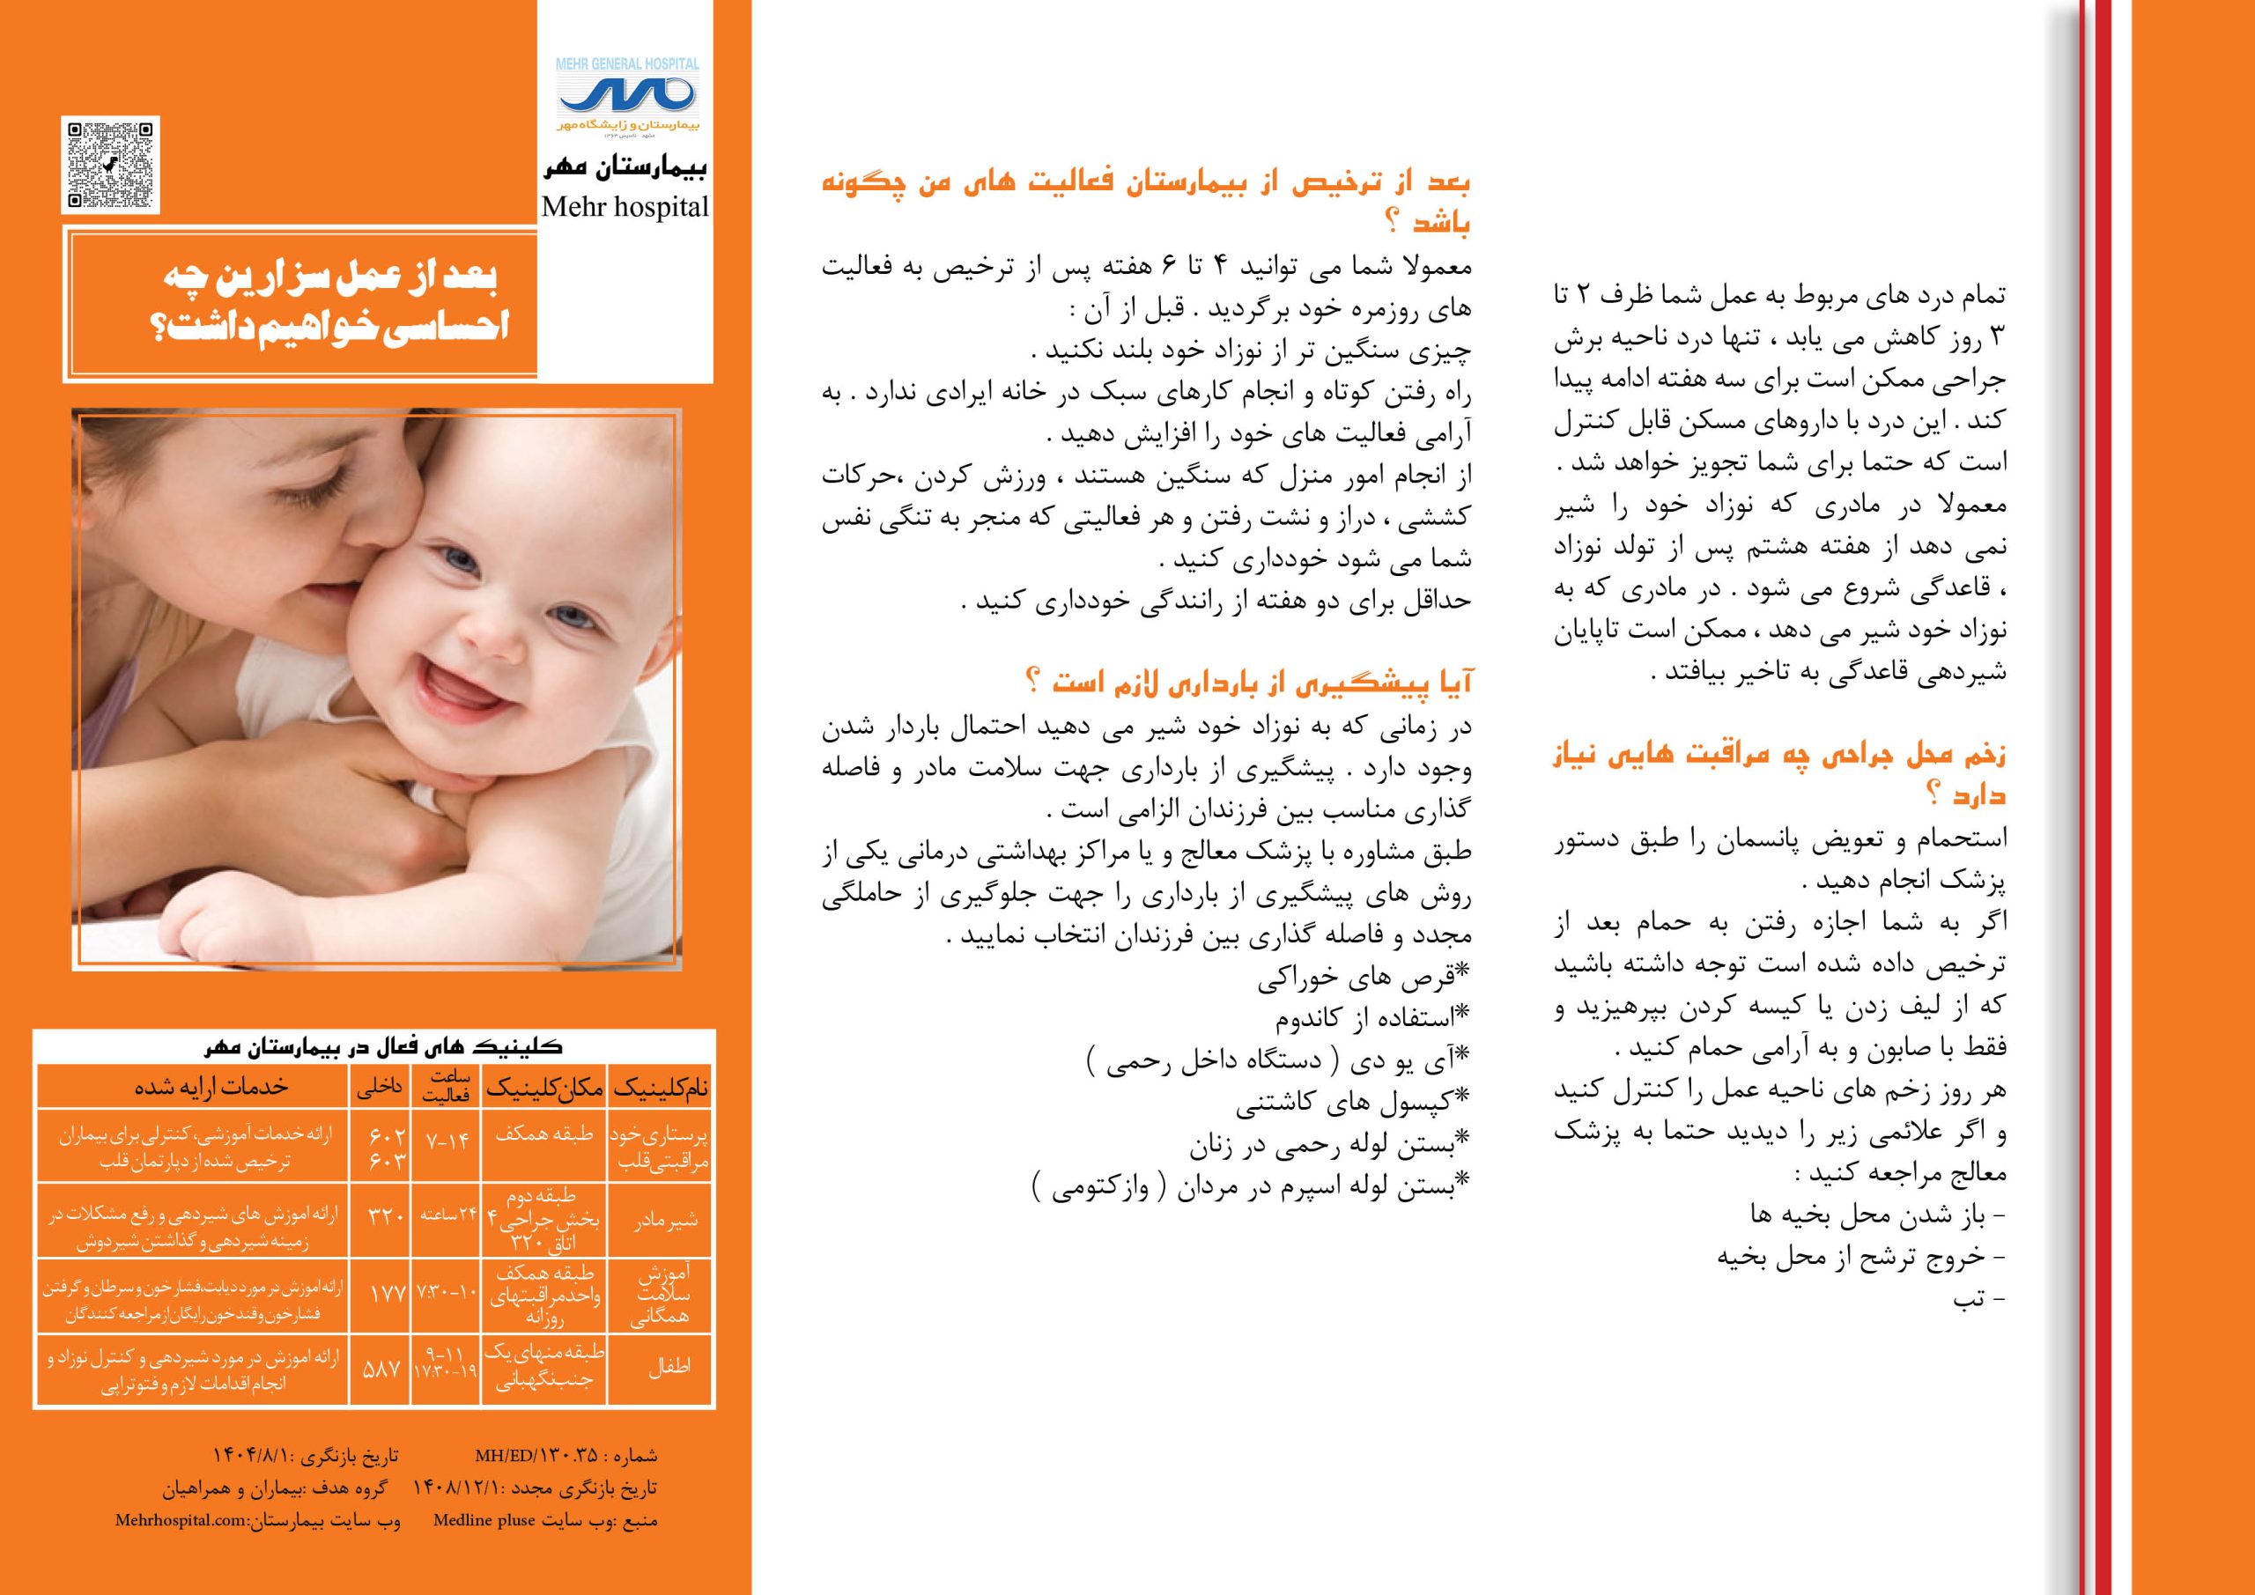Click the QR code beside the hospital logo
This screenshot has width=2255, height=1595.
pyautogui.click(x=111, y=164)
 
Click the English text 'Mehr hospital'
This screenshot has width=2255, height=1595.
pyautogui.click(x=625, y=207)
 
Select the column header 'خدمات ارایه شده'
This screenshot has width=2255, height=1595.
pyautogui.click(x=211, y=1086)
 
